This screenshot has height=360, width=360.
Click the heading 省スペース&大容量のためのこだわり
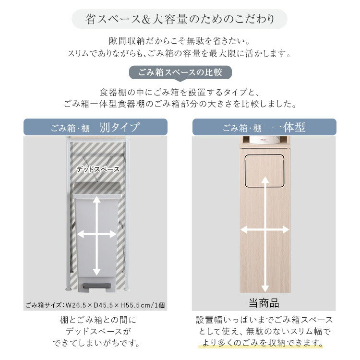pyautogui.click(x=180, y=19)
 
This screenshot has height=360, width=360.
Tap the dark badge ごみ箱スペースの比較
pyautogui.click(x=180, y=73)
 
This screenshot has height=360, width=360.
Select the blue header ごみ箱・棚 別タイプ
pyautogui.click(x=96, y=128)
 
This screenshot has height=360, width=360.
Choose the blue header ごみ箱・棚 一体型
pyautogui.click(x=264, y=128)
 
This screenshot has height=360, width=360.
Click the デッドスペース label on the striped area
pyautogui.click(x=98, y=169)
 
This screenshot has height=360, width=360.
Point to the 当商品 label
pyautogui.click(x=264, y=303)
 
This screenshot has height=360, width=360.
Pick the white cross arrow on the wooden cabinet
pyautogui.click(x=264, y=230)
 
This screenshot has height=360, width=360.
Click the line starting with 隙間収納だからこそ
pyautogui.click(x=180, y=42)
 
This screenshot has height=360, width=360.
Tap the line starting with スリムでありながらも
pyautogui.click(x=180, y=53)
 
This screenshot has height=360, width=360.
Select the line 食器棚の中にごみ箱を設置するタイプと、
pyautogui.click(x=180, y=92)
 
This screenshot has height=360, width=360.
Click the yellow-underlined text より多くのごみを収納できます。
pyautogui.click(x=261, y=343)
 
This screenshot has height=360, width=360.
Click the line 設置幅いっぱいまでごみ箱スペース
pyautogui.click(x=264, y=320)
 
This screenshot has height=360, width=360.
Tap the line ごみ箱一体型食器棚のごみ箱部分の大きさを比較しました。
pyautogui.click(x=180, y=104)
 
